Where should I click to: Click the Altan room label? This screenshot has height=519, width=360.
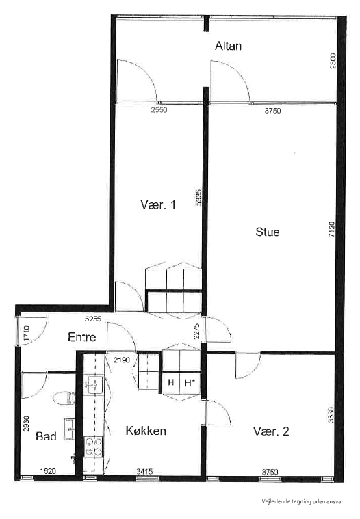(x=229, y=46)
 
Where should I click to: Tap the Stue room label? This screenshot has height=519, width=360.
(x=267, y=232)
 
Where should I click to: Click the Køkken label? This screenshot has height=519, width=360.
(x=146, y=431)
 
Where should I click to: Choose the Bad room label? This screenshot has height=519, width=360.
(x=46, y=436)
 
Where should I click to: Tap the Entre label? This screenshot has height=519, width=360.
(x=81, y=337)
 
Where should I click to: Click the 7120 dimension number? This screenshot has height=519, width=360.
(x=331, y=230)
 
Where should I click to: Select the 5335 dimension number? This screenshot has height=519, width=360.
(x=198, y=198)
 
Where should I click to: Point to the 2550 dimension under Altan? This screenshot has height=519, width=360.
(x=159, y=109)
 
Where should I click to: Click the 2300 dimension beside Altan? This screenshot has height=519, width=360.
(x=333, y=61)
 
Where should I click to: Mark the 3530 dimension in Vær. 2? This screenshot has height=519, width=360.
(x=331, y=416)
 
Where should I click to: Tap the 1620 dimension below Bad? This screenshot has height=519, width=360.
(x=47, y=471)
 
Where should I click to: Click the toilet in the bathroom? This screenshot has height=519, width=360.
(x=64, y=397)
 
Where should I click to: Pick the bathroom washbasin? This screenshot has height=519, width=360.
(x=69, y=429)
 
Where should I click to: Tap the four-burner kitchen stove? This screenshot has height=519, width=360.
(x=93, y=447)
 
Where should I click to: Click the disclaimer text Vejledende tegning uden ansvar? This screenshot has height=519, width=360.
(x=302, y=501)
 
